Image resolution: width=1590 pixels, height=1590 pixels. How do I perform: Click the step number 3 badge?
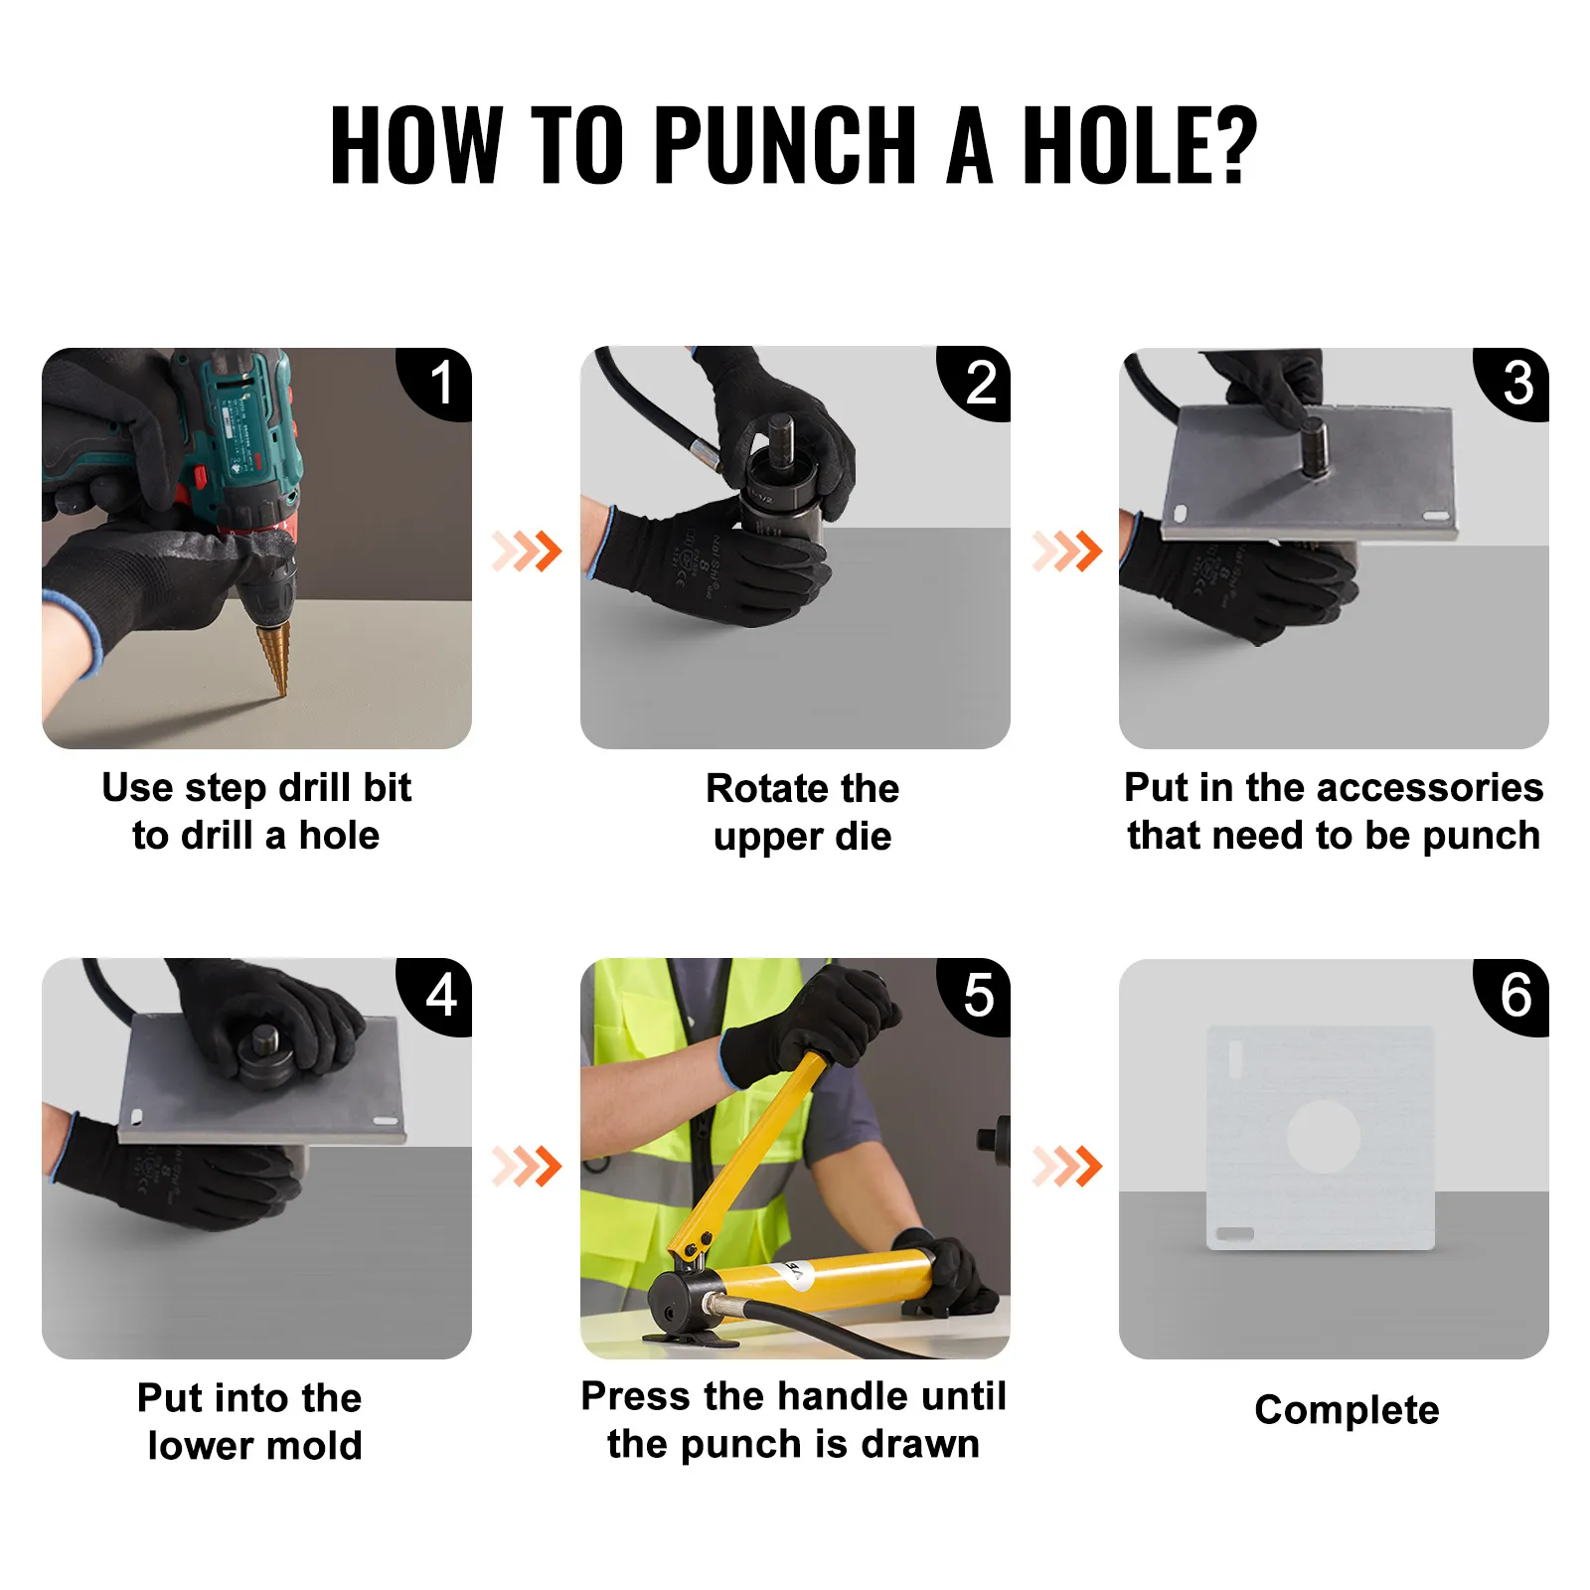pyautogui.click(x=1516, y=383)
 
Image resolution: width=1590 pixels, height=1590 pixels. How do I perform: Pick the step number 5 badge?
pyautogui.click(x=978, y=995)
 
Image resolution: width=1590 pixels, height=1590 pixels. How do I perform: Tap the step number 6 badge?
pyautogui.click(x=1516, y=995)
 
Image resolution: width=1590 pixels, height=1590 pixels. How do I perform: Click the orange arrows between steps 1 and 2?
pyautogui.click(x=527, y=551)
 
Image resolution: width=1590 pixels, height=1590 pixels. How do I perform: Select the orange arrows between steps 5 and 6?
pyautogui.click(x=1067, y=1166)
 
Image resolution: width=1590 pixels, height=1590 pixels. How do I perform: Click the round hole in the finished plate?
pyautogui.click(x=1324, y=1136)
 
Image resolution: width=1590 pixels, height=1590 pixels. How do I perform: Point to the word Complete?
pyautogui.click(x=1347, y=1410)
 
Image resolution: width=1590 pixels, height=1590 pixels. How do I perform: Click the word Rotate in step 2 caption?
pyautogui.click(x=766, y=788)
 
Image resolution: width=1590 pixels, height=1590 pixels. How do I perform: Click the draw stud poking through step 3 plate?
pyautogui.click(x=1313, y=447)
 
